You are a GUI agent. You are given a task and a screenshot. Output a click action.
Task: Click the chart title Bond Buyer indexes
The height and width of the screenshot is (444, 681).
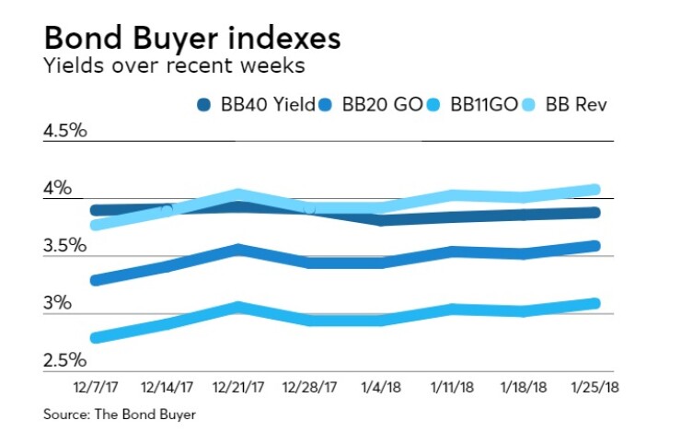[x=191, y=39]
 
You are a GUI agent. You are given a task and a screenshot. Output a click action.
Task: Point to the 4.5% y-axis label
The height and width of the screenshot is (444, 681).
[x=64, y=130]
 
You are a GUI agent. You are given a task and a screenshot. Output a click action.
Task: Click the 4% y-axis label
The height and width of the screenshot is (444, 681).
[x=57, y=188]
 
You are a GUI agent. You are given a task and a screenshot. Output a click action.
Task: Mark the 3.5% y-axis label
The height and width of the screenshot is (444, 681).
[x=64, y=246]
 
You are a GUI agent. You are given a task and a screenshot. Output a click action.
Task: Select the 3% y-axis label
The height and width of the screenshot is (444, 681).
[x=57, y=303]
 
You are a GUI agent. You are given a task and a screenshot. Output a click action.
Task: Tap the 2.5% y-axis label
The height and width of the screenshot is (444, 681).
[x=64, y=360]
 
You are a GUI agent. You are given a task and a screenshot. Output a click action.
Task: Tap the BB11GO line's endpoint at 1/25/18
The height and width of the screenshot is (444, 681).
[x=594, y=303]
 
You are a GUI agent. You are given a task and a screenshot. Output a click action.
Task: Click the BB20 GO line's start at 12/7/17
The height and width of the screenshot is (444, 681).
[x=95, y=279]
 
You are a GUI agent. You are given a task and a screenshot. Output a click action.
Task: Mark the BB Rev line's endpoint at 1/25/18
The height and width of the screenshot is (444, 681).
[x=594, y=190]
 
